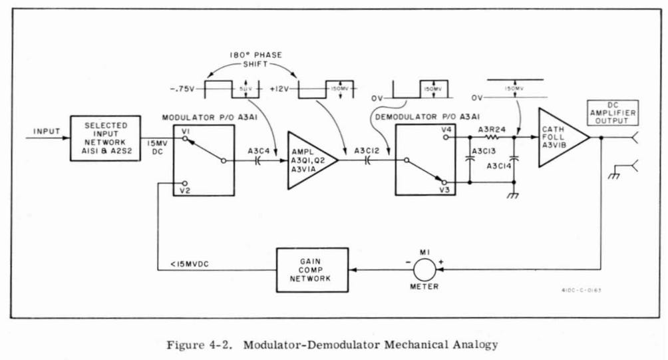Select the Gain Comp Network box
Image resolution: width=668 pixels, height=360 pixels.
(x=312, y=270)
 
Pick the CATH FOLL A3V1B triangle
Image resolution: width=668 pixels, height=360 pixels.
(x=559, y=138)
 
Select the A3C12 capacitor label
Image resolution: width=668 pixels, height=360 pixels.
(x=368, y=150)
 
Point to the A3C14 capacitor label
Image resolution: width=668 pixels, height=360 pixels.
(x=500, y=166)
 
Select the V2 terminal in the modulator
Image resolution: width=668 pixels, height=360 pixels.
(x=186, y=190)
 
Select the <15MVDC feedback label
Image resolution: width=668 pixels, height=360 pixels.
(x=183, y=266)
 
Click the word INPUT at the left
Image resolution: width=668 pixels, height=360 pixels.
(x=46, y=131)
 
